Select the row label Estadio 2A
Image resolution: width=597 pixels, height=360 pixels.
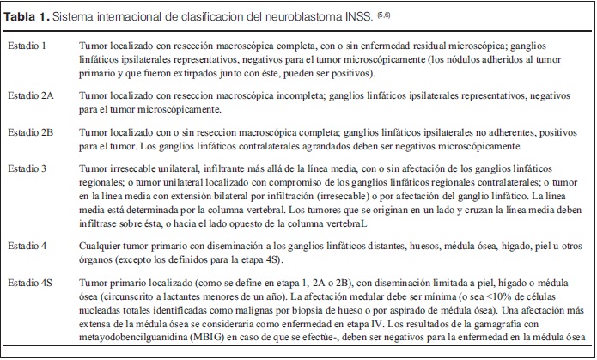point(31,95)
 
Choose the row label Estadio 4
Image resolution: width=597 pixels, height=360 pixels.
point(27,245)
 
